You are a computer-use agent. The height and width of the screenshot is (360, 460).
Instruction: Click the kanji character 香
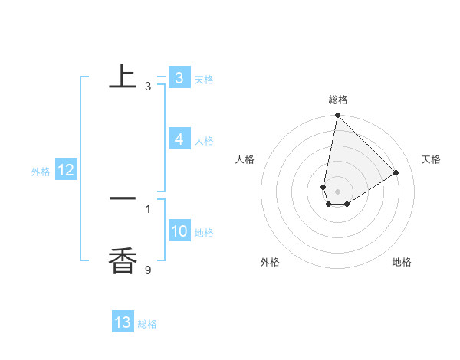click(x=123, y=261)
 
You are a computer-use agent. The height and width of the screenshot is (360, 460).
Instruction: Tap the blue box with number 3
click(x=179, y=78)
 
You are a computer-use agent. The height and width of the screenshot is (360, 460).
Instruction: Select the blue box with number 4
click(x=179, y=139)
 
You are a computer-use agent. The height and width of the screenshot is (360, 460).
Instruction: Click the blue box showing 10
click(x=179, y=232)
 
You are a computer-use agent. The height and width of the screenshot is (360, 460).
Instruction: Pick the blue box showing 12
click(x=66, y=171)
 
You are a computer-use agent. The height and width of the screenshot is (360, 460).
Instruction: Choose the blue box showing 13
click(x=123, y=322)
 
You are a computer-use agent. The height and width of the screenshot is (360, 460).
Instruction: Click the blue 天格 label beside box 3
click(x=204, y=80)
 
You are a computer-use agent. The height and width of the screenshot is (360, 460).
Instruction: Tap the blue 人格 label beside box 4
click(x=204, y=141)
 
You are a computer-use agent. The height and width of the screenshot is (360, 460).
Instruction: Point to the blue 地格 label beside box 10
click(x=204, y=233)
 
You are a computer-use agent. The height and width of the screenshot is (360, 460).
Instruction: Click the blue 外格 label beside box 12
click(x=41, y=172)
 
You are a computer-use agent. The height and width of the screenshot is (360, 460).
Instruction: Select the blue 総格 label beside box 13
click(x=147, y=324)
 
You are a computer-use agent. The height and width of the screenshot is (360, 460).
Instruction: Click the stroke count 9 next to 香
click(x=148, y=270)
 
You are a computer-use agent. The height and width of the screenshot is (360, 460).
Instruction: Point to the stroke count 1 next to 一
click(x=148, y=208)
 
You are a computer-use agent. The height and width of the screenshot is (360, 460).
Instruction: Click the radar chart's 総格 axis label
click(x=338, y=100)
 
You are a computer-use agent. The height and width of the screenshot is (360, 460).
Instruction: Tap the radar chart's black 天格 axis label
click(x=431, y=159)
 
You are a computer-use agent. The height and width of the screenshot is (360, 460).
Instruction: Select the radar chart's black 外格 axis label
click(x=270, y=262)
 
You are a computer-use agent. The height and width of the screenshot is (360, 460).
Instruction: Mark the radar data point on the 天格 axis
click(x=396, y=172)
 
